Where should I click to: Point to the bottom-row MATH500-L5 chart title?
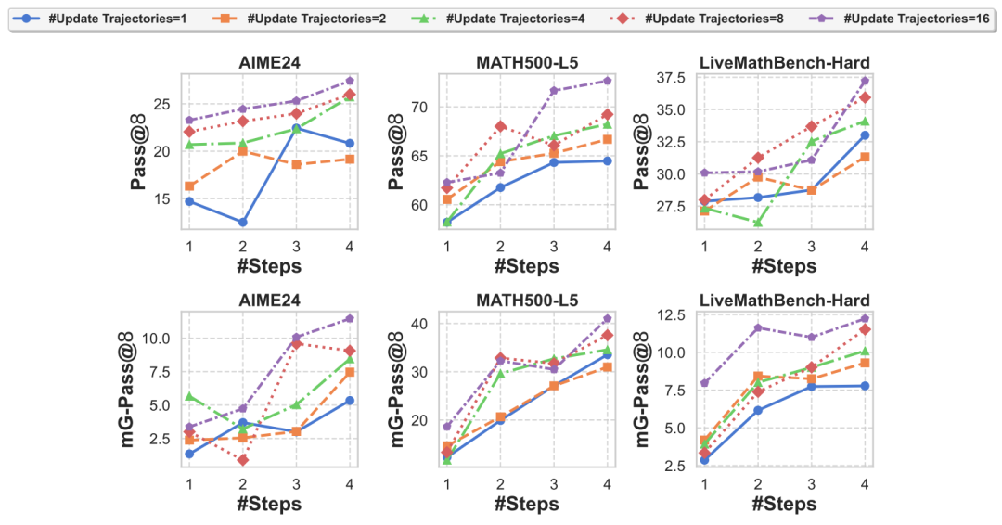click(526, 301)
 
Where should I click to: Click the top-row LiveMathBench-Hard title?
click(785, 63)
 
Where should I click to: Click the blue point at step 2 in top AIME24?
click(243, 223)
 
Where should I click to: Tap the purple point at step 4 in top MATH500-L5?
click(608, 81)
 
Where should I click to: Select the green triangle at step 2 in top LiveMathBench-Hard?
click(757, 223)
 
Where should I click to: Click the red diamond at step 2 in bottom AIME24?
click(243, 459)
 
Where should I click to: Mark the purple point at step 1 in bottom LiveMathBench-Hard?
click(703, 383)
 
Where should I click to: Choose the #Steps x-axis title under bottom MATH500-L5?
click(526, 504)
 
